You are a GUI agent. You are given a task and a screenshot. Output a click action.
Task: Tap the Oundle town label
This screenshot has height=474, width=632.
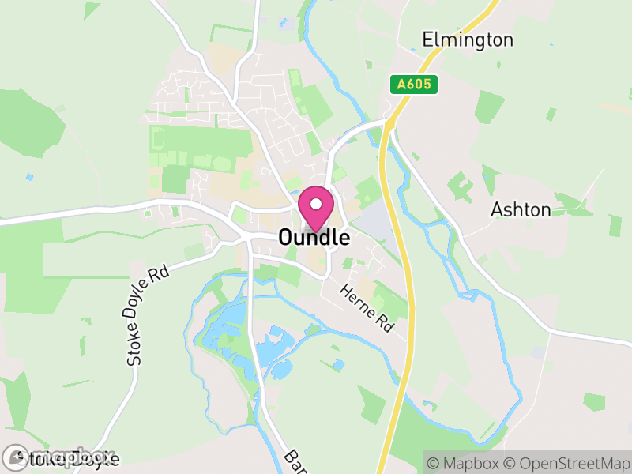coord(314,238)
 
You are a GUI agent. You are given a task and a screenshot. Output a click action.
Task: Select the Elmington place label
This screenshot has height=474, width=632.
coord(468,39)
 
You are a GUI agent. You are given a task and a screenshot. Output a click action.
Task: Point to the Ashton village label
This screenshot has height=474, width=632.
coord(521,209)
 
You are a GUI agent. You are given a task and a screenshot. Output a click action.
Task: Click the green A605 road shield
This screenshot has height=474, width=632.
coord(414,85)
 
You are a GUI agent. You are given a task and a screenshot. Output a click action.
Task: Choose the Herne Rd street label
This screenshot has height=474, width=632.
coord(367,308)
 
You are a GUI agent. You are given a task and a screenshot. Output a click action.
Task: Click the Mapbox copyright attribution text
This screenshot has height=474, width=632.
coord(470,462)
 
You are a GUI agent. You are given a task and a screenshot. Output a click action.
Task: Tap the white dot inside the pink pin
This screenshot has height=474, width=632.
coord(316,205)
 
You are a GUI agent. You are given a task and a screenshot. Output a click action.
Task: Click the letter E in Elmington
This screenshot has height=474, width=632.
coord(428,39)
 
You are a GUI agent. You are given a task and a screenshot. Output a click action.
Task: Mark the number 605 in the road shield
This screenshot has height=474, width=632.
coord(418,85)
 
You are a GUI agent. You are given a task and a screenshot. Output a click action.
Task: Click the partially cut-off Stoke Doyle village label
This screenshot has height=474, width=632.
coord(63,458)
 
